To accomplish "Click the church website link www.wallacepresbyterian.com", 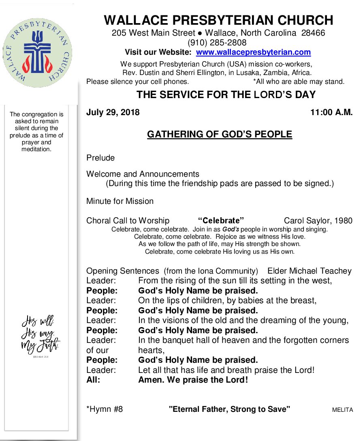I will (x=253, y=52).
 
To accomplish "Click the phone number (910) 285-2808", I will (x=217, y=43).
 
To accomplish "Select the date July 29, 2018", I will (x=113, y=113).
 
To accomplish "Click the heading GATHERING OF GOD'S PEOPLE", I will (x=219, y=134).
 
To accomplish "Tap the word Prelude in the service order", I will (x=100, y=158).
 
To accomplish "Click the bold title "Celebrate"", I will (x=220, y=221).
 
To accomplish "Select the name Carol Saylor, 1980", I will (x=318, y=221).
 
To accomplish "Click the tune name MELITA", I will (x=342, y=410).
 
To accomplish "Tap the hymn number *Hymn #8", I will (x=105, y=409).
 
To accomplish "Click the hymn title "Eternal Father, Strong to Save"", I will (x=230, y=409).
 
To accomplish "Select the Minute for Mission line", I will (x=120, y=201).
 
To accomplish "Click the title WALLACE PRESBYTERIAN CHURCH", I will (x=218, y=20).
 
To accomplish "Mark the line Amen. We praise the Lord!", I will (x=193, y=380).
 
